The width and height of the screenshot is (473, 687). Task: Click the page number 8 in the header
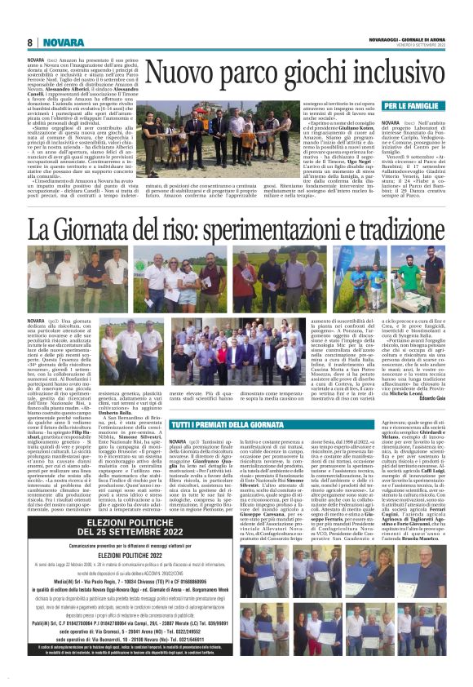coord(29,42)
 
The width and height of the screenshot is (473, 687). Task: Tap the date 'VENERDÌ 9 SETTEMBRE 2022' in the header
coord(415,47)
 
